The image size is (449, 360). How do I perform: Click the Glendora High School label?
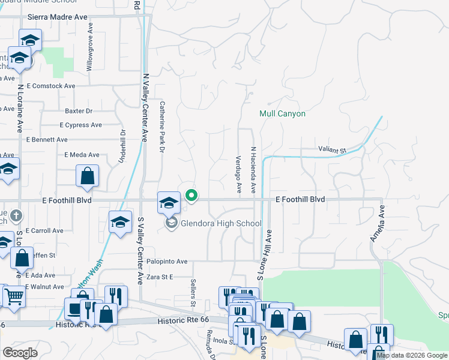coord(221,224)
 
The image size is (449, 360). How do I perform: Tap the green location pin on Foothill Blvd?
coord(192,196)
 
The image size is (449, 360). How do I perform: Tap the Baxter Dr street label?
coord(79,111)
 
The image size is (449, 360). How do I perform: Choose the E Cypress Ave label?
coord(81,125)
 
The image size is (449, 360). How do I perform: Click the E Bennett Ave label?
coord(47,139)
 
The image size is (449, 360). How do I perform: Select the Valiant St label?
coord(333,150)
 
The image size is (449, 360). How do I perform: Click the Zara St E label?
coord(160,277)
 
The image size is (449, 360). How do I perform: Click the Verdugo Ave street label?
coord(239,175)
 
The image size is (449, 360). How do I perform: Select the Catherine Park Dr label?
coord(161,127)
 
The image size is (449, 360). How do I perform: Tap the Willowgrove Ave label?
coord(90,48)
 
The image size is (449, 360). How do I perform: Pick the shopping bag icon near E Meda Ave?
coord(88,176)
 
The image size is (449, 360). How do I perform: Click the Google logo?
coord(20,353)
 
